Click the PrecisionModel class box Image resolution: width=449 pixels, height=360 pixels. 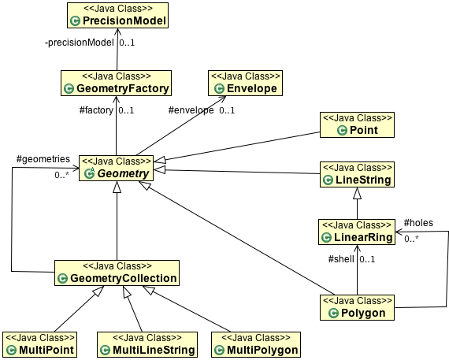pos(117,16)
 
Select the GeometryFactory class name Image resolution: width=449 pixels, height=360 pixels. pos(123,88)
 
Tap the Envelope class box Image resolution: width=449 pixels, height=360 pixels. pos(245,83)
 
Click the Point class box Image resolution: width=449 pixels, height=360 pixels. pos(357,125)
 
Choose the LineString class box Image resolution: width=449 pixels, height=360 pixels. pos(357,174)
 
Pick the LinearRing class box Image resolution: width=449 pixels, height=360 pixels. pos(357,232)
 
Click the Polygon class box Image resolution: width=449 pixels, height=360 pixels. pos(357,307)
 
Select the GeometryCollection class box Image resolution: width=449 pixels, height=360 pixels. pos(117,273)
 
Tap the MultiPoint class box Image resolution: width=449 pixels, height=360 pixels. pos(40,344)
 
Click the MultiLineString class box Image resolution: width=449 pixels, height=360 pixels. pos(147,344)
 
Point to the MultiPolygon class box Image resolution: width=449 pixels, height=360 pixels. pos(256,344)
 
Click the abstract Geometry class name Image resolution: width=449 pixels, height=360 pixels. pos(124,173)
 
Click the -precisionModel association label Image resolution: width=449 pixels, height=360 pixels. pos(80,43)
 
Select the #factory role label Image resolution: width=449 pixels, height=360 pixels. pos(96,110)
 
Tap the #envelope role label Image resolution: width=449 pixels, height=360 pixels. pos(191,110)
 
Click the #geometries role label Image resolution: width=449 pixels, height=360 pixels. pos(43,159)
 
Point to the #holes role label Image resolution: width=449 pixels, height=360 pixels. pos(418,223)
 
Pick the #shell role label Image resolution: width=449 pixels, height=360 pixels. pos(341,259)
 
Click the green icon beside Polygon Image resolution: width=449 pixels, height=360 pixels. pos(333,313)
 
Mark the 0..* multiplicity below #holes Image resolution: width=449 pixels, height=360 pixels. pos(411,239)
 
